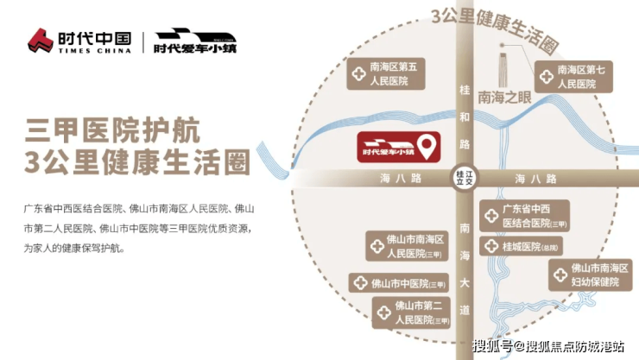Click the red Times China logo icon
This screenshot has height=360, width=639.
pyautogui.click(x=40, y=40)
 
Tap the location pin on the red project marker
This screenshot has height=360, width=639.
pyautogui.click(x=426, y=144)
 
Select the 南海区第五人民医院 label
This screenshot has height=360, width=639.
pyautogui.click(x=387, y=76)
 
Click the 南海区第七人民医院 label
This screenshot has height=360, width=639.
pyautogui.click(x=576, y=77)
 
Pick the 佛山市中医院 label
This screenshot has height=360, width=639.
pyautogui.click(x=400, y=282)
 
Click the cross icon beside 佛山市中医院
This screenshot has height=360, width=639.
pyautogui.click(x=361, y=282)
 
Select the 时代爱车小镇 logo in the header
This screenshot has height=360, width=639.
pyautogui.click(x=195, y=41)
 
